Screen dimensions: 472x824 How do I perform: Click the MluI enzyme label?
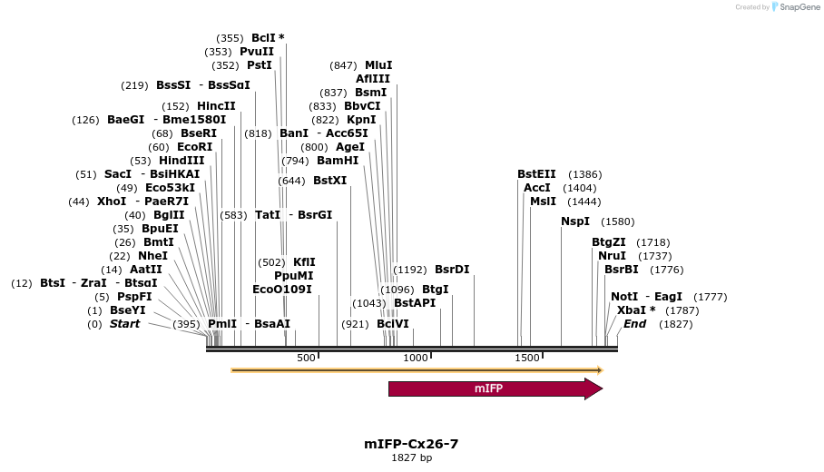[378, 65]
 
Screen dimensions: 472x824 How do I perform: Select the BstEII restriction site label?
[535, 174]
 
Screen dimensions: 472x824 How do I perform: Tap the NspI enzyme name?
[575, 221]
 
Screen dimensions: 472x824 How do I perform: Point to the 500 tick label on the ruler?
[306, 358]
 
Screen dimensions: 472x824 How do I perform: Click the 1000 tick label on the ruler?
[416, 358]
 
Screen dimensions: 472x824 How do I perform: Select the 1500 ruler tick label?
[527, 358]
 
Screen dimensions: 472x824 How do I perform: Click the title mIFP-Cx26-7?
[411, 444]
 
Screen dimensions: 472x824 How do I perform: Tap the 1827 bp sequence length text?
[411, 457]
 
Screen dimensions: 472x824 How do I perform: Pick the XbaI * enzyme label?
[636, 310]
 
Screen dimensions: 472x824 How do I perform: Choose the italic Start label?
[125, 324]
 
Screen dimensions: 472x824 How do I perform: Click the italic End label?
[634, 324]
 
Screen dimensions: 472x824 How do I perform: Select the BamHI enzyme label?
[338, 161]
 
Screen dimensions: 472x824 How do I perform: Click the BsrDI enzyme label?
[452, 270]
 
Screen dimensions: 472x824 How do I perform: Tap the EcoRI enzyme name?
[194, 147]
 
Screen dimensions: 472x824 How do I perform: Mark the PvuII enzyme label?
[257, 52]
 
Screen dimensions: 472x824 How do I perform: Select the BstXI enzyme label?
[329, 181]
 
